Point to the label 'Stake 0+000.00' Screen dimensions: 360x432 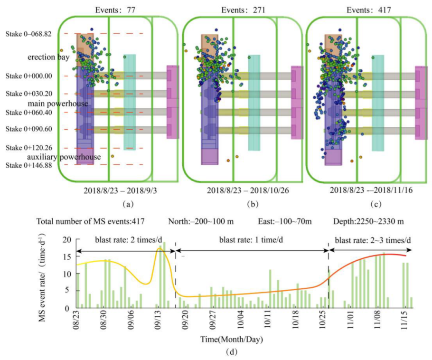29,76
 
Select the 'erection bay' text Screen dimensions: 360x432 48,57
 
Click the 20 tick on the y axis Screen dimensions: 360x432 67,239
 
